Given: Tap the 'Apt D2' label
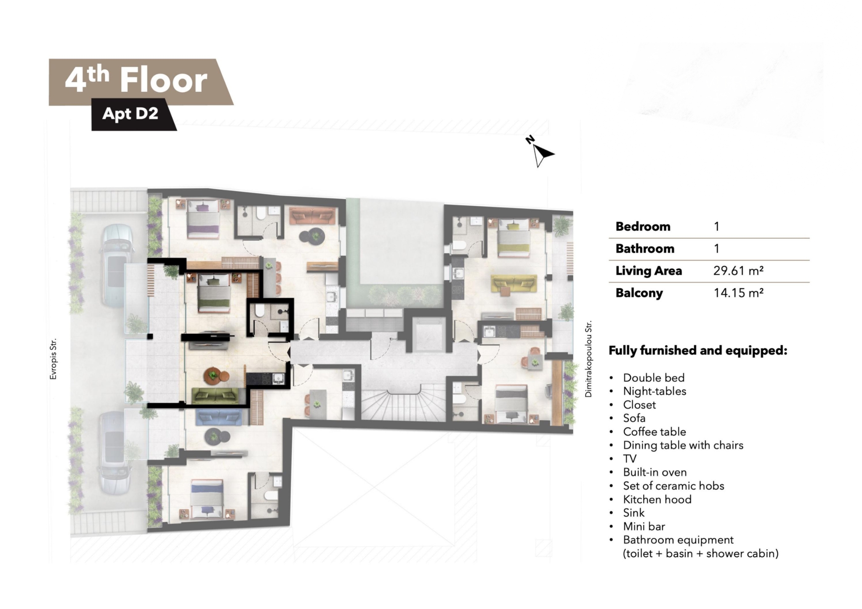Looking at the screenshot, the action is (130, 113).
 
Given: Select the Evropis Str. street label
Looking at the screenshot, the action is (53, 359).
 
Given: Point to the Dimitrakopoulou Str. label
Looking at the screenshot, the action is (588, 359).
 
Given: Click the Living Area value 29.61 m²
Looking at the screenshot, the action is (738, 271).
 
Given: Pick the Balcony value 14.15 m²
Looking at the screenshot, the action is (738, 293).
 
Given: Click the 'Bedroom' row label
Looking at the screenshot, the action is (643, 226).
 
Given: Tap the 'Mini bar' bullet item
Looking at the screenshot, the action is (644, 526).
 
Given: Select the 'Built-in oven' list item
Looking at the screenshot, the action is (654, 472).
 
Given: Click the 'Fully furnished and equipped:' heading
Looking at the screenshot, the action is (698, 351).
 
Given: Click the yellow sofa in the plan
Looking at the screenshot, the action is (514, 283).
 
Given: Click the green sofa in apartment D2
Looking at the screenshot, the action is (215, 396).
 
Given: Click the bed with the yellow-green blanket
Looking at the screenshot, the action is (513, 237).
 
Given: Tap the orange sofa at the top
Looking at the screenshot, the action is (313, 215).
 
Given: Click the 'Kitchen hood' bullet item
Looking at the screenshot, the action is (657, 499).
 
